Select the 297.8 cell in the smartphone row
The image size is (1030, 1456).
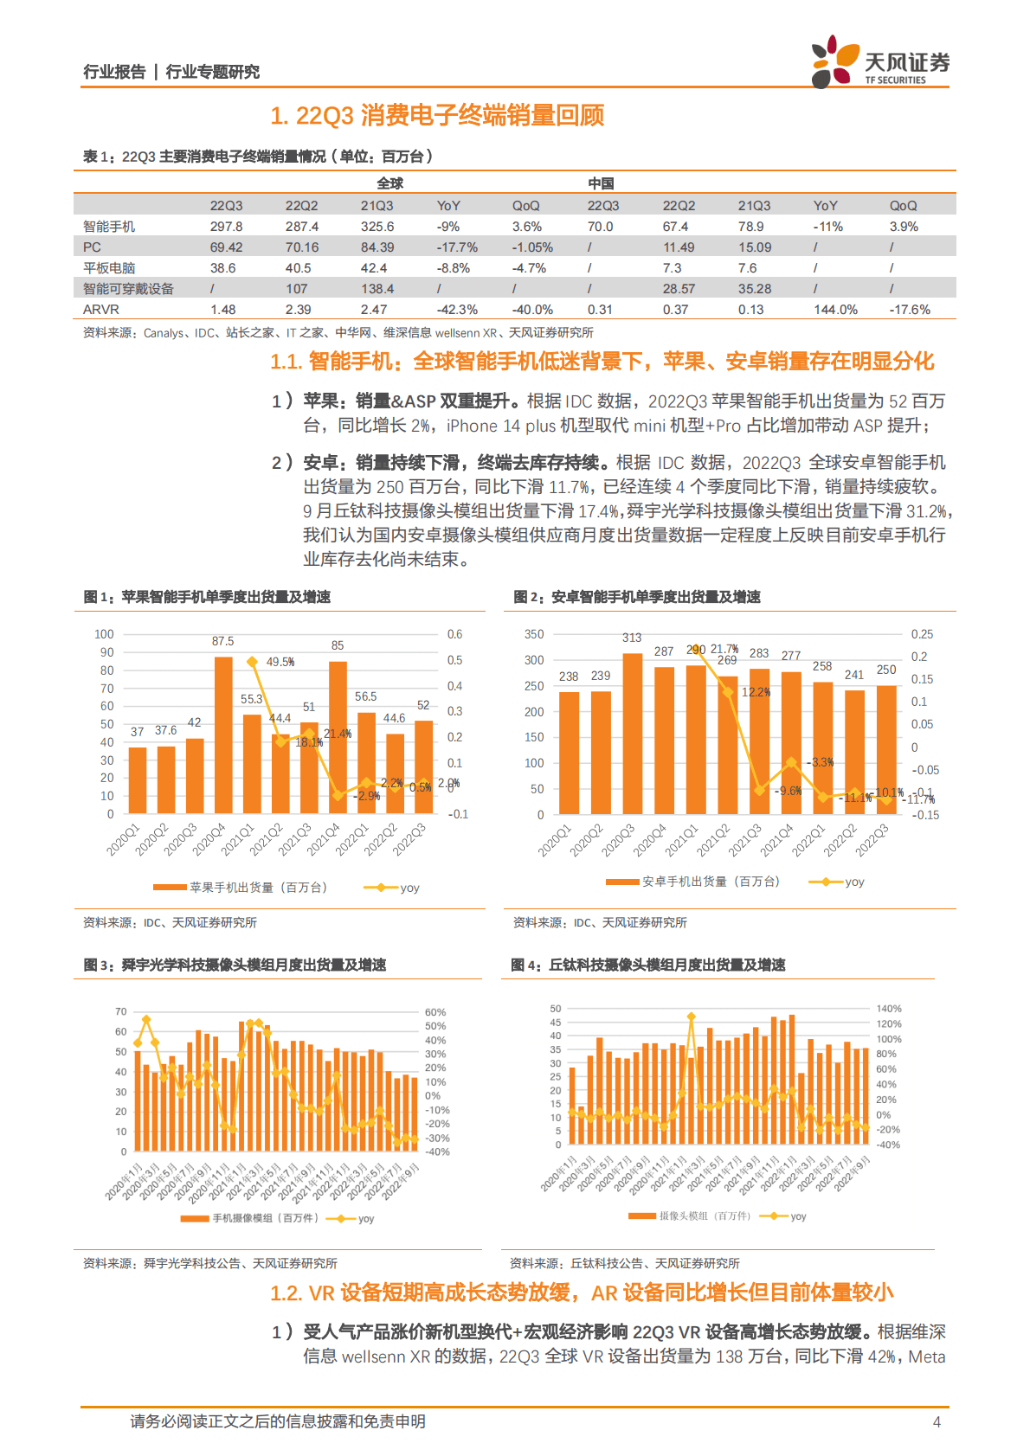tap(226, 227)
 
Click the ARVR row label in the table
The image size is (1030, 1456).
tap(101, 310)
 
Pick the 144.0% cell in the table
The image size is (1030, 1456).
tap(835, 310)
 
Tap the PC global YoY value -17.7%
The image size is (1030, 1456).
tap(457, 247)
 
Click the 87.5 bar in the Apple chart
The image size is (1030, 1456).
tap(223, 735)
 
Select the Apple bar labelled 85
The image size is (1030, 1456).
tap(338, 737)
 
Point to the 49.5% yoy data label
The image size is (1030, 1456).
tap(280, 662)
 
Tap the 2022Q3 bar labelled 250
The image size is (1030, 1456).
tap(886, 749)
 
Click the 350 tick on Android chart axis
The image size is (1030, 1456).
tap(534, 634)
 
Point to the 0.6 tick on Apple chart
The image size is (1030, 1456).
tap(454, 634)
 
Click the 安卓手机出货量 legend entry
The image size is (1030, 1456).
tap(692, 882)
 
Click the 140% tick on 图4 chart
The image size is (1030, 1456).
tap(889, 1009)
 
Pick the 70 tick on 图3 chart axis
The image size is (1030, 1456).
tap(121, 1011)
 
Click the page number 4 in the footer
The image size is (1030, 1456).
tap(936, 1421)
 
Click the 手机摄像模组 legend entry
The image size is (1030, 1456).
tap(251, 1218)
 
